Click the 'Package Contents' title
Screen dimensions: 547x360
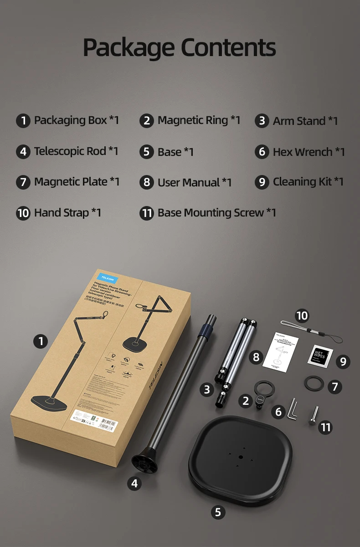pos(180,47)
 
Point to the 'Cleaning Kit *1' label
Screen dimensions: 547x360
pos(308,182)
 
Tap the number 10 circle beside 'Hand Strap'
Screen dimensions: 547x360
pos(23,213)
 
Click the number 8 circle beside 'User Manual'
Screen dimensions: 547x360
pos(146,183)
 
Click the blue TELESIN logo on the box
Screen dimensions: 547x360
pos(107,279)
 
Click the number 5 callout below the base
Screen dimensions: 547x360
pos(218,512)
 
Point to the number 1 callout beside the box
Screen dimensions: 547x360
pos(41,341)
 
